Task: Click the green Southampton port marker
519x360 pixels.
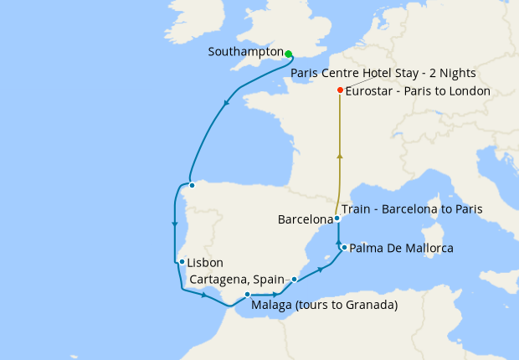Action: tap(288, 54)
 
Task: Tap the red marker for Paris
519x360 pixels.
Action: tap(339, 90)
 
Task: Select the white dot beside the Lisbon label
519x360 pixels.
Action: tap(182, 262)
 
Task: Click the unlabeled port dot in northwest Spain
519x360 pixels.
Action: tap(192, 185)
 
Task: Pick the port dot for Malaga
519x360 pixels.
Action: tap(248, 295)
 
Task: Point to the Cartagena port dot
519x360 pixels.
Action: tap(294, 279)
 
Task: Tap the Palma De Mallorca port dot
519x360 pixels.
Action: tap(344, 248)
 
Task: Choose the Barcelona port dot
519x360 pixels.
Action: tap(337, 219)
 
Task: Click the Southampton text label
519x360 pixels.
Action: tap(246, 52)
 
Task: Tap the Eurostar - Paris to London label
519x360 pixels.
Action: tap(418, 90)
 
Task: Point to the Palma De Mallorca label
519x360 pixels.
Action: tap(401, 249)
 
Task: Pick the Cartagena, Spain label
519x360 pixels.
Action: tap(239, 278)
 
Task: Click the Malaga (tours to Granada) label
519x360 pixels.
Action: tap(324, 305)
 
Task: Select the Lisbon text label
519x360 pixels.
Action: tap(205, 262)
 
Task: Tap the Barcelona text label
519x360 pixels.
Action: tap(305, 219)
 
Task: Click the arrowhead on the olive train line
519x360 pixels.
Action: tap(339, 155)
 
